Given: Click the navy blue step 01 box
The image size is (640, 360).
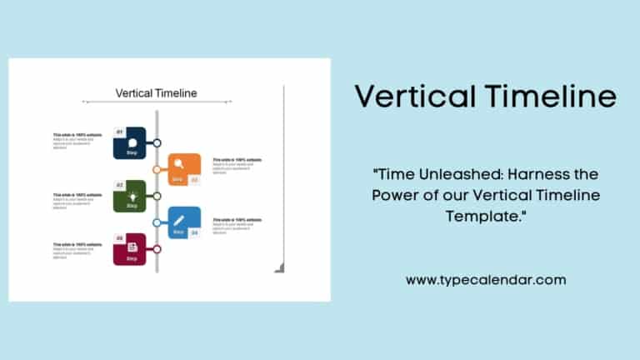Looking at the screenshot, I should pos(130,143).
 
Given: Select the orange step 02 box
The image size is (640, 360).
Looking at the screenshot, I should pos(184,169).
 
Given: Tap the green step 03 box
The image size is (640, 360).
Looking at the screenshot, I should pos(130,197).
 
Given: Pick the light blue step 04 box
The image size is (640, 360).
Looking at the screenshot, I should pos(184,222).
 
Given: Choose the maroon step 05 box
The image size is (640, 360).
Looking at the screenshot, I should pos(130,249).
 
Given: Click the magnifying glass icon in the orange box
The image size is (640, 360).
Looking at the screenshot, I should pos(178,164).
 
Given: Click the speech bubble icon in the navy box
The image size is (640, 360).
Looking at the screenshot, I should pos(132,141).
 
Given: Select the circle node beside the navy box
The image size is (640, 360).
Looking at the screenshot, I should pos(157,143).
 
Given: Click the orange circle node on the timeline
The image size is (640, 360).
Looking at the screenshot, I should pos(157,169).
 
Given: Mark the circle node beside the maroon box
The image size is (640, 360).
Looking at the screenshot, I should pos(157,249).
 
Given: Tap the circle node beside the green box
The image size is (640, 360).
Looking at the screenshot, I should pos(157,197).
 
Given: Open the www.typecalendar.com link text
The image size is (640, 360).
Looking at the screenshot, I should pos(487,280).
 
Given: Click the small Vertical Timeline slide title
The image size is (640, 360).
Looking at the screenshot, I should pos(157,93).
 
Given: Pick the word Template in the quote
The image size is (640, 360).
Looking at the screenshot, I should pos(483,216).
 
